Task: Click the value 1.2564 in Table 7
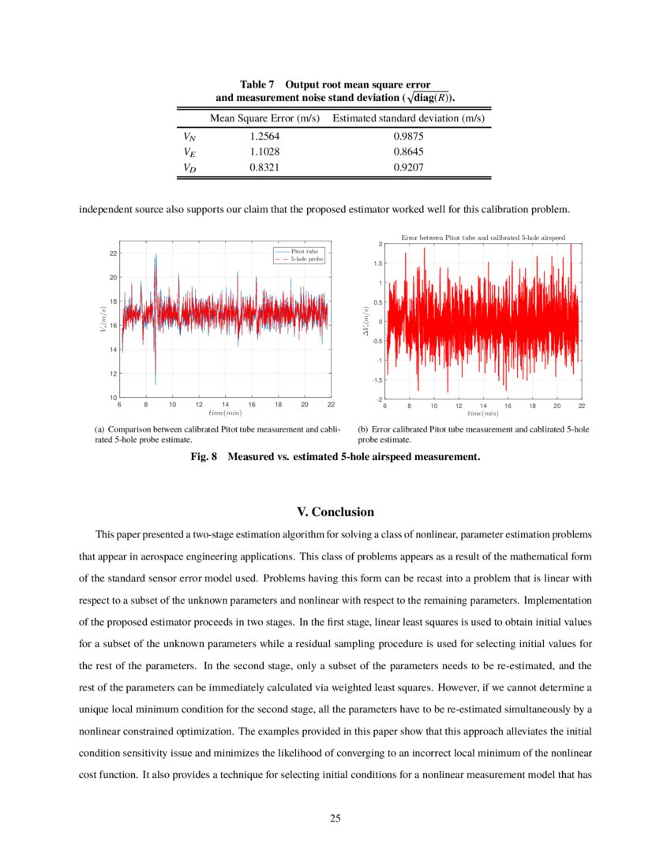click(264, 137)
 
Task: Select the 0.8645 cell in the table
click(408, 152)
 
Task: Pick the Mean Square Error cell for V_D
click(264, 167)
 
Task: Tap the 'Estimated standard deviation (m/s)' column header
click(408, 118)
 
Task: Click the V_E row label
click(189, 152)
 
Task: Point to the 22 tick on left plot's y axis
click(113, 253)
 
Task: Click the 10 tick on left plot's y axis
click(113, 397)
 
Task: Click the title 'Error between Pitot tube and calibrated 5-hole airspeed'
click(482, 237)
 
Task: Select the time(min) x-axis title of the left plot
click(224, 413)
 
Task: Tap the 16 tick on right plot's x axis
click(508, 406)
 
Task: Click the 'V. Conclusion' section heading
click(335, 512)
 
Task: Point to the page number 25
click(335, 817)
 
